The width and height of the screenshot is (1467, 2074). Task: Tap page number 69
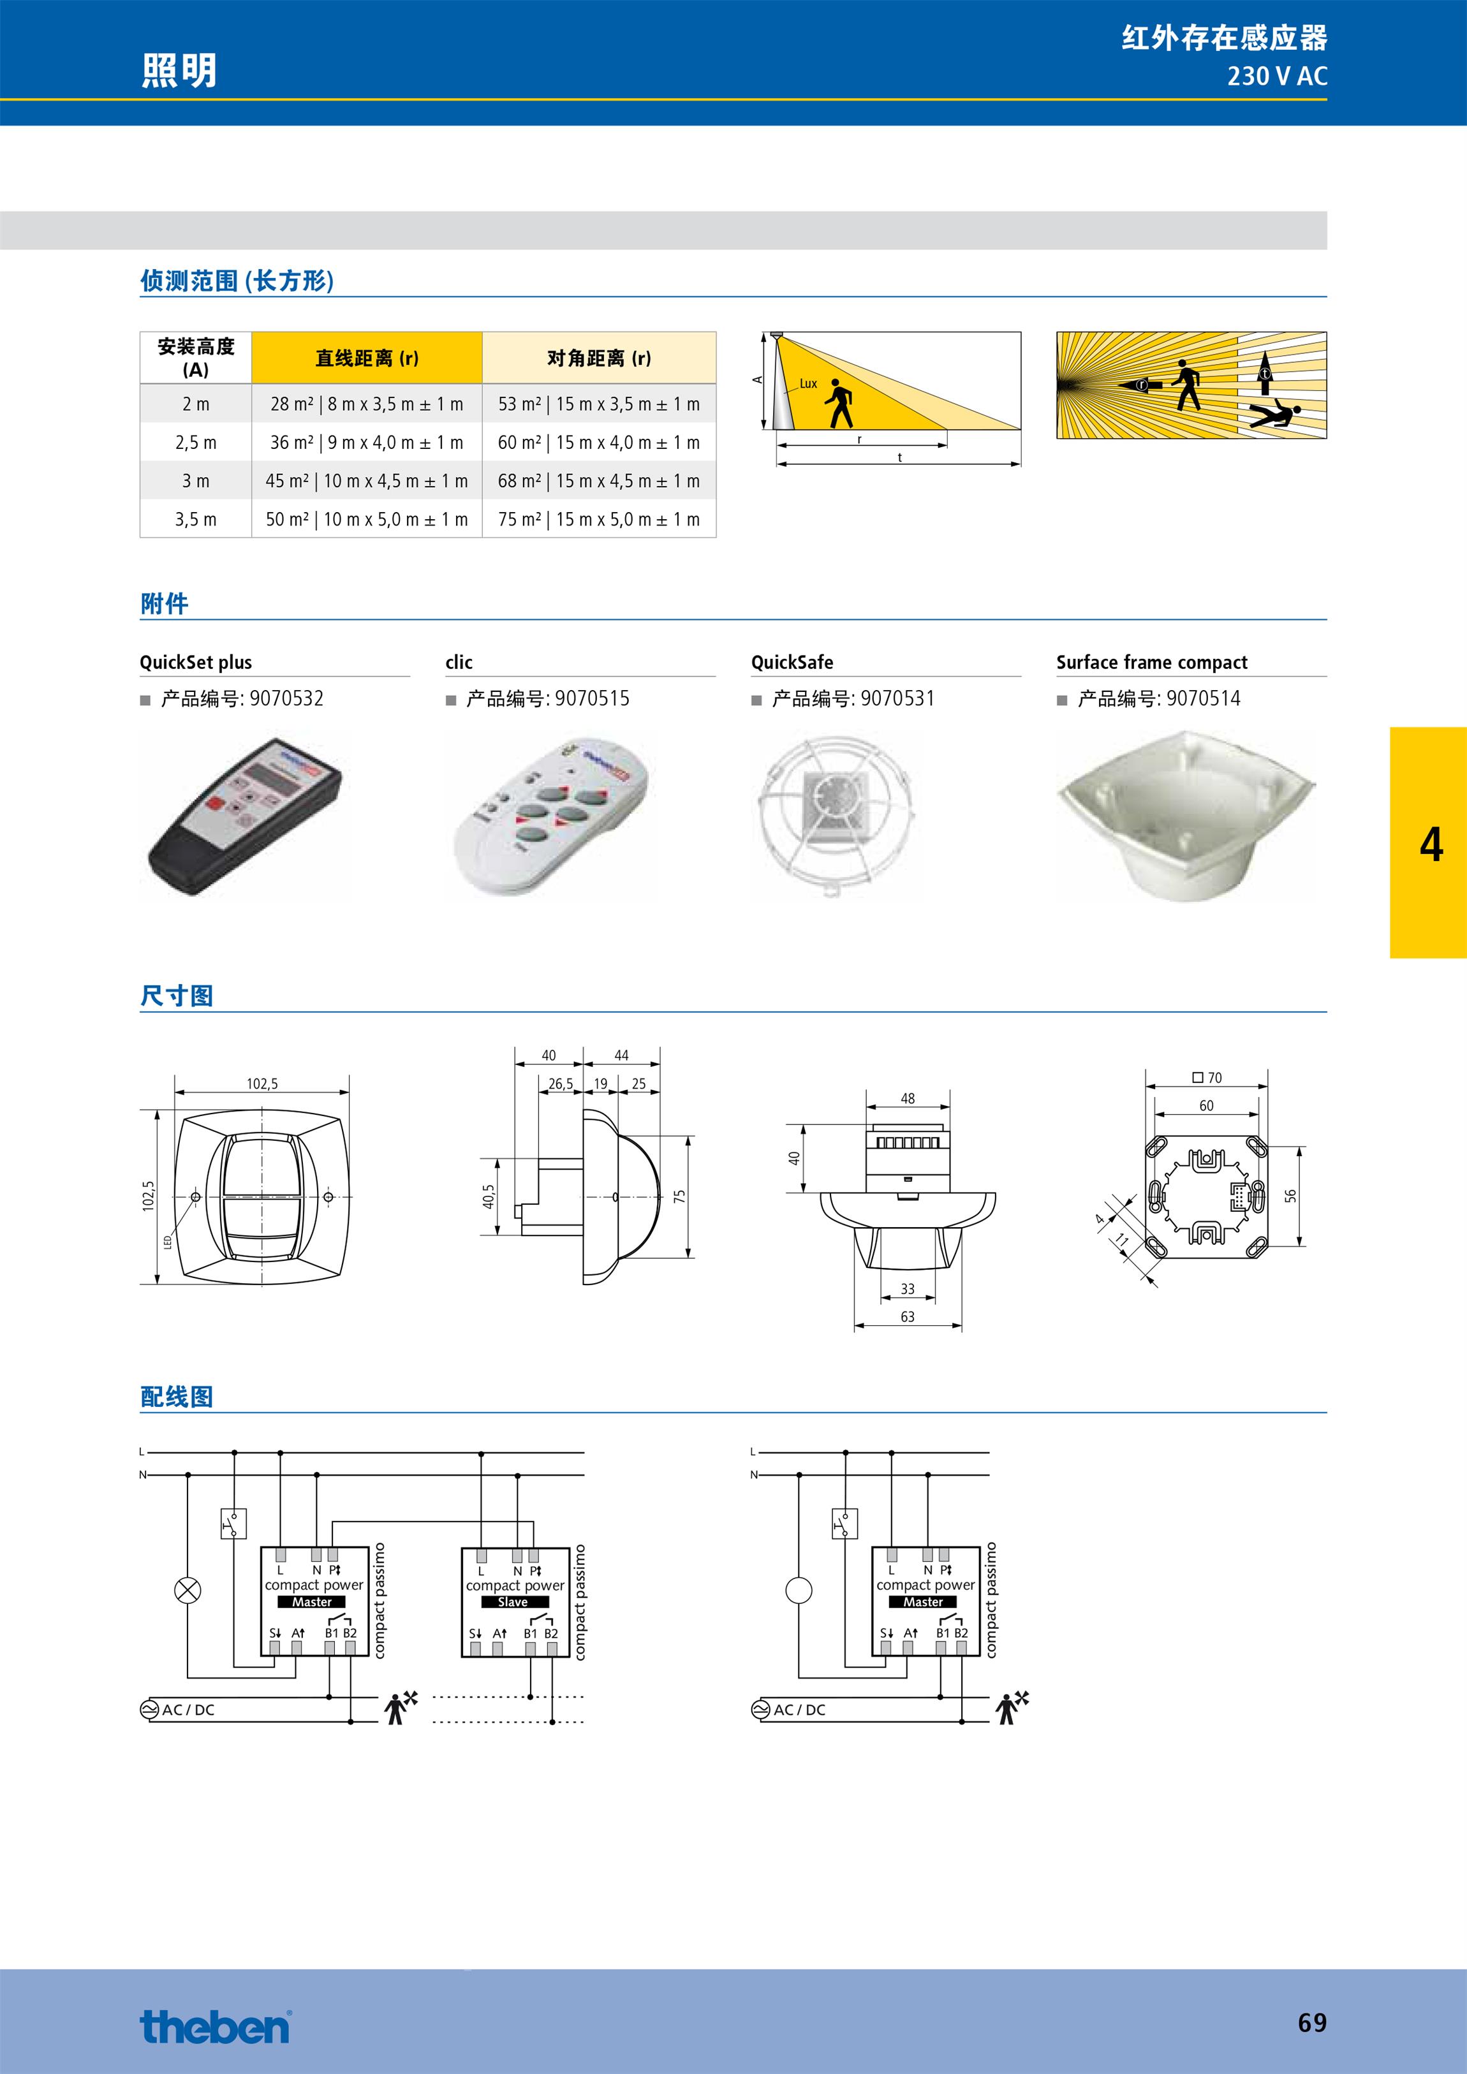(x=1311, y=2022)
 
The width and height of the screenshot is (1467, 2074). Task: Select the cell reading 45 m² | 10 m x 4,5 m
(x=367, y=482)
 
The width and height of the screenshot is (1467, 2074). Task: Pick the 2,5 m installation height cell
(x=196, y=443)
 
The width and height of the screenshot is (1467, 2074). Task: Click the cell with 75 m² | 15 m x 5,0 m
(x=599, y=519)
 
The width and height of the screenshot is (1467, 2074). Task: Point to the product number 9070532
(x=286, y=698)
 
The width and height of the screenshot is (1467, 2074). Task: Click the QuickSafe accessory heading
(x=792, y=662)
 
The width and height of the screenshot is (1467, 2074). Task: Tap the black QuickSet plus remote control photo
(x=244, y=816)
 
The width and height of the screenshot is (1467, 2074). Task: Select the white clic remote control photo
(x=549, y=816)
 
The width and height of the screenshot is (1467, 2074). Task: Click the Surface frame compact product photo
(x=1185, y=816)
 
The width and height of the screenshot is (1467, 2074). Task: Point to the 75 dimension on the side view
(x=679, y=1195)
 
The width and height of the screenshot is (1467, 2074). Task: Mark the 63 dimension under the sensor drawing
(x=907, y=1317)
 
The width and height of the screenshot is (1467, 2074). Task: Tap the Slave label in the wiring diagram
(x=512, y=1601)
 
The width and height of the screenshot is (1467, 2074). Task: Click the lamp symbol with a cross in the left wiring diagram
(x=187, y=1591)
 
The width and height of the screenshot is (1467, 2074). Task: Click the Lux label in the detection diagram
(x=807, y=384)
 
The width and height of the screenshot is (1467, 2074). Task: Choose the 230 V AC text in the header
(x=1276, y=77)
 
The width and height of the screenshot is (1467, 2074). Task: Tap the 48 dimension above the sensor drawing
(x=907, y=1098)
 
